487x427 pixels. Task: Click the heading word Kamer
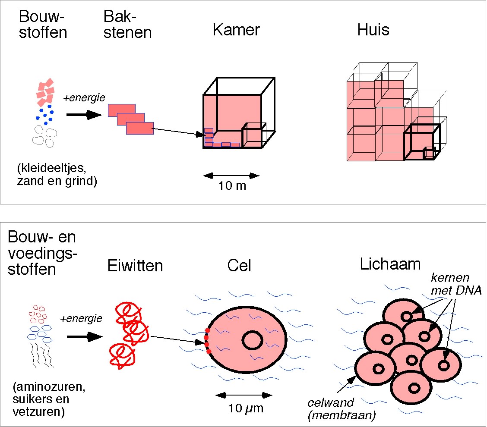coord(236,30)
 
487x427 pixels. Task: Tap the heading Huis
coord(373,30)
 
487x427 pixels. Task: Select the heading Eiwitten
coord(135,266)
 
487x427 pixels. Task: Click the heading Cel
coord(239,266)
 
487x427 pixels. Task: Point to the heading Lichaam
coord(390,264)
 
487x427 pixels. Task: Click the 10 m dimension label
coord(231,187)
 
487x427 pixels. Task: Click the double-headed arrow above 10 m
coord(231,176)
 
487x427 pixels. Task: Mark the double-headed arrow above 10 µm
coord(244,396)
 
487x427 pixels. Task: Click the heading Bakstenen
coord(127,25)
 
